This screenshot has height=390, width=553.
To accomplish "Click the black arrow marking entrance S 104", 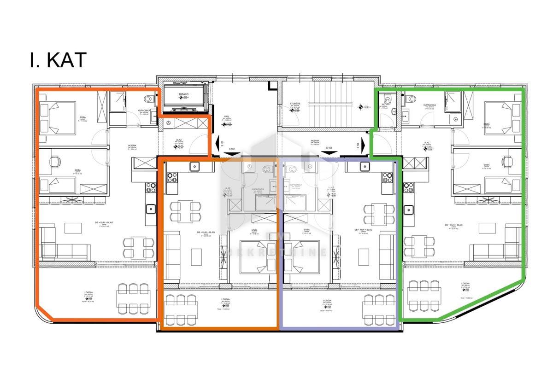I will [x=364, y=146].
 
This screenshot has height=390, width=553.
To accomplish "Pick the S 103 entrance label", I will [x=329, y=148].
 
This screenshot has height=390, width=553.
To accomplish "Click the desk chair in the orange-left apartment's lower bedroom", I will [x=55, y=162].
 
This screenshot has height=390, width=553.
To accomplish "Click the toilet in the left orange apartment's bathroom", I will [x=148, y=99].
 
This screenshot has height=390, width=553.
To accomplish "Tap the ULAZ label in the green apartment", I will [x=426, y=143].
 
